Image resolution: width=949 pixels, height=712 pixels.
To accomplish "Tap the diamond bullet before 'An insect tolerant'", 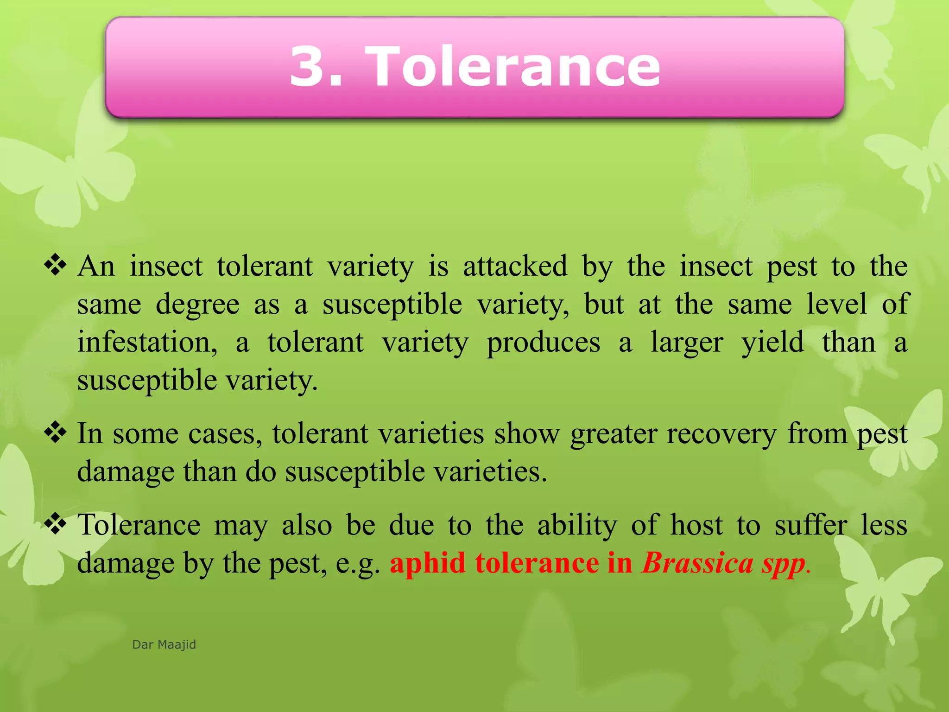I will [55, 265].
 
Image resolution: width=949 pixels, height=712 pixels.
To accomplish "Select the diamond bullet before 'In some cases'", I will [55, 432].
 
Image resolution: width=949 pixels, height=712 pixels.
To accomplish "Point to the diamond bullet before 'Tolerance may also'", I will [55, 524].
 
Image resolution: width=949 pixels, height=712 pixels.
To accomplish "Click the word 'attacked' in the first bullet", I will [515, 266].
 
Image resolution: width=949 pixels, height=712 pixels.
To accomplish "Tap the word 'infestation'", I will [147, 343].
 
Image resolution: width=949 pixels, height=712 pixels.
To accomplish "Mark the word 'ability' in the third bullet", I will [577, 526].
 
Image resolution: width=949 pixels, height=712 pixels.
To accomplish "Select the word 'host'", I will [696, 526].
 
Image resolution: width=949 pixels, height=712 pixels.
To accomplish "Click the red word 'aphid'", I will [427, 563].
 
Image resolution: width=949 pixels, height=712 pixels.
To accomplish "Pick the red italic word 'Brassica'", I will [697, 563].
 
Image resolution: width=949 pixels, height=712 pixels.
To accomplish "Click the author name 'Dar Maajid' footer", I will [164, 645].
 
